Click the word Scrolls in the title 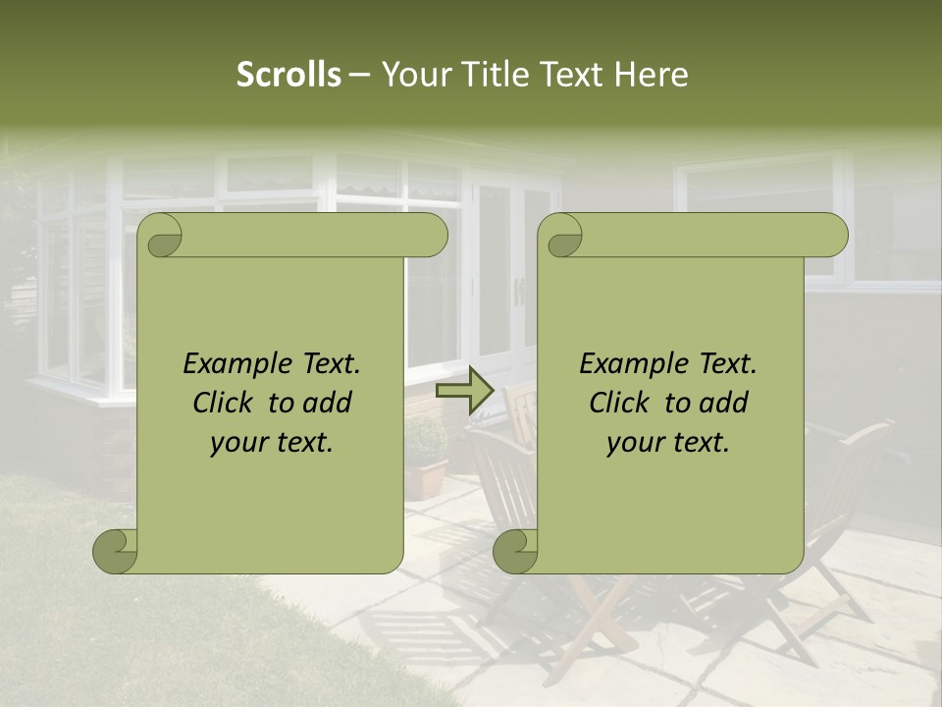288,75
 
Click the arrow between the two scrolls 465,392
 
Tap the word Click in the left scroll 224,403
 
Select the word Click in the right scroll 620,403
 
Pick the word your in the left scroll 237,443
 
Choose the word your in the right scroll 634,443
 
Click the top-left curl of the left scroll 160,236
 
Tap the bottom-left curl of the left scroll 115,551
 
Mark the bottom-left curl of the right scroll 515,551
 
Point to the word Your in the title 411,75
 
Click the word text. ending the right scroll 700,443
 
